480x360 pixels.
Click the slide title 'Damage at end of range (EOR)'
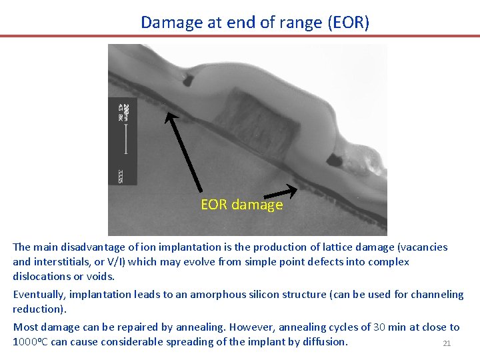(x=255, y=22)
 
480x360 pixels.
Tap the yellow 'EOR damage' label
(x=241, y=205)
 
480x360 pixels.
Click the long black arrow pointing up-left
(x=183, y=152)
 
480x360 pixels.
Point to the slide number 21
(x=447, y=343)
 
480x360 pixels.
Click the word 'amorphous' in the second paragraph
(x=215, y=294)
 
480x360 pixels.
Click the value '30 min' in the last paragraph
(x=387, y=327)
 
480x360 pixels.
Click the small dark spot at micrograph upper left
(x=189, y=81)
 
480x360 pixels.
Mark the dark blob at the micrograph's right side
(x=333, y=160)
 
